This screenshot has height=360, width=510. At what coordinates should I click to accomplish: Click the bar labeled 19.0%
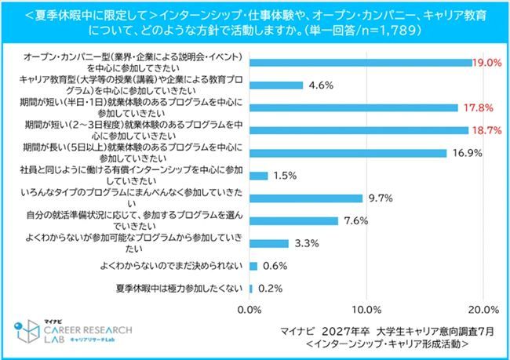[361, 62]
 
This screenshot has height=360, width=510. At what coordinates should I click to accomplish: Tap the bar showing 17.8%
[354, 107]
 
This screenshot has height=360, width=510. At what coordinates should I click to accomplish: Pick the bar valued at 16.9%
[348, 153]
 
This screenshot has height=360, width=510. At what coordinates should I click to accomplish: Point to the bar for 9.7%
[306, 198]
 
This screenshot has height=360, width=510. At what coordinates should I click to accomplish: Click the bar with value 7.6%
[293, 221]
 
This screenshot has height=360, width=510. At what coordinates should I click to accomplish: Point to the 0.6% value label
[273, 267]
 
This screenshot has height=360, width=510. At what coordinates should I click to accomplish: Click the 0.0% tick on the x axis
[250, 308]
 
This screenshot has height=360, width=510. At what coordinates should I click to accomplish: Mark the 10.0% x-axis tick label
[366, 308]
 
